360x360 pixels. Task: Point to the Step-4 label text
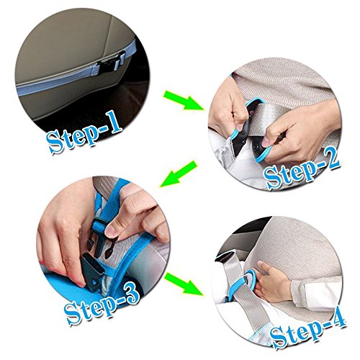coord(308,332)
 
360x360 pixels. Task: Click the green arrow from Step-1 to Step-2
coord(184,100)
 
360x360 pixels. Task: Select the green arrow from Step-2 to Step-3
coord(178,174)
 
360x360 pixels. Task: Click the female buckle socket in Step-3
coord(92,272)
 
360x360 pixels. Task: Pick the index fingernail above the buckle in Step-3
coord(110,230)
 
